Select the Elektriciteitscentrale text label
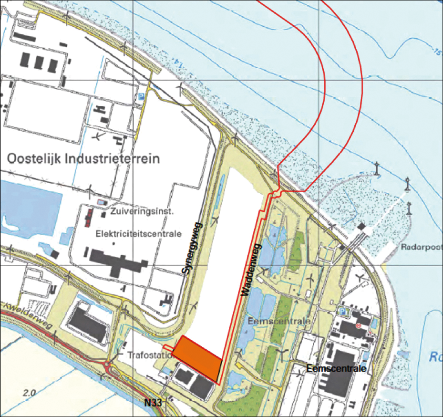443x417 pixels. coord(139,234)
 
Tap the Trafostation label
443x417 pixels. coord(149,355)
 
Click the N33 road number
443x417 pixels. coord(154,403)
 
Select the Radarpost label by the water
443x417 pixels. coord(422,247)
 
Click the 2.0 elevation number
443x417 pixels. coord(29,393)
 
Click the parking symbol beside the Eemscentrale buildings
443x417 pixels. coord(341,312)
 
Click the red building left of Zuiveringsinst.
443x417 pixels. coord(88,217)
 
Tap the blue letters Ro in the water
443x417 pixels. coord(436,357)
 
